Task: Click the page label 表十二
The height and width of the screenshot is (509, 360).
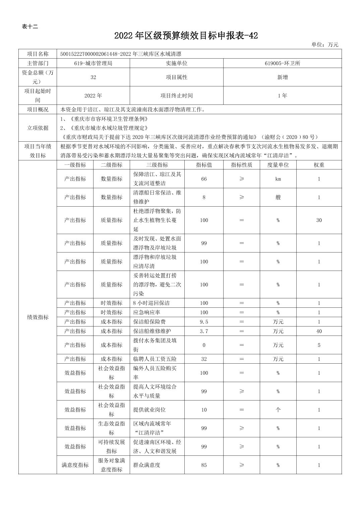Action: point(30,26)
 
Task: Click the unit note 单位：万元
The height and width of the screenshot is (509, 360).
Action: point(324,45)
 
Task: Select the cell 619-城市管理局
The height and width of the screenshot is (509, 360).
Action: point(93,63)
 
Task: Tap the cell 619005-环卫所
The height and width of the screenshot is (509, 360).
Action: point(282,63)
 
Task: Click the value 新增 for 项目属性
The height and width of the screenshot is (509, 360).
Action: point(282,77)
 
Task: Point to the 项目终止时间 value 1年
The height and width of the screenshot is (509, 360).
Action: point(282,95)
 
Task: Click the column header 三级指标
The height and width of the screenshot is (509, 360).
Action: point(157,165)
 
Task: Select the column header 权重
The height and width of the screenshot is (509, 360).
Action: point(319,165)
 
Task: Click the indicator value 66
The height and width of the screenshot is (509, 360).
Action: point(204,179)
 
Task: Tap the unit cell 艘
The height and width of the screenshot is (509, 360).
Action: point(278,197)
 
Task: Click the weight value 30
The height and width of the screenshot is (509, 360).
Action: point(319,220)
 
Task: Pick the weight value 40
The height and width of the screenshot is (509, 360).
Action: point(319,331)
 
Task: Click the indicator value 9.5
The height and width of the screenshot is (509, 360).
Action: point(204,321)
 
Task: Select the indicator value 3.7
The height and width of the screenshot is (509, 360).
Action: point(204,331)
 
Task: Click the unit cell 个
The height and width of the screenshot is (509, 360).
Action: point(278,410)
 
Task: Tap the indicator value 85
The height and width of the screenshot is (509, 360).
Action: point(204,465)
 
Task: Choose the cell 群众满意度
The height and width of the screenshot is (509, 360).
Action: point(146,465)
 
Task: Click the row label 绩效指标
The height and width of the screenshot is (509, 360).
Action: point(38,317)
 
